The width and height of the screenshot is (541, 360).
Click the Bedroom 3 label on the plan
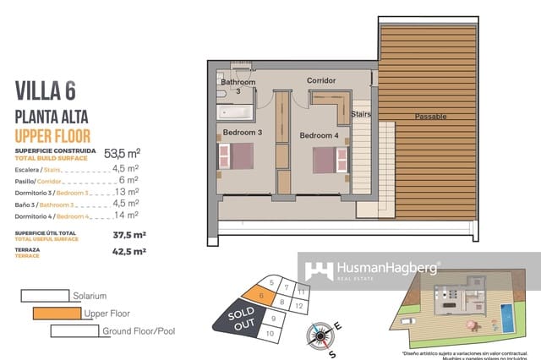tap(243, 133)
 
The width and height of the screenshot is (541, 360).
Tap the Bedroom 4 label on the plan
tap(319, 135)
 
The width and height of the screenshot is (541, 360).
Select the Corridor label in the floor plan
tap(321, 81)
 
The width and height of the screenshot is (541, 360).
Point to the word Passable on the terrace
tap(430, 117)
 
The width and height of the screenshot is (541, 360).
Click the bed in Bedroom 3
tap(236, 157)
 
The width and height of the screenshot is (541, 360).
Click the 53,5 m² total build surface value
tap(122, 154)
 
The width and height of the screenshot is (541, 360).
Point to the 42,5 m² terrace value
tap(129, 251)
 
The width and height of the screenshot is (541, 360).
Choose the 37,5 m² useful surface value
tap(129, 234)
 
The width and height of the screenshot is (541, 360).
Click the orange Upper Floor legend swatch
tap(57, 314)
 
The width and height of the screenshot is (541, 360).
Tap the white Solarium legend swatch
tap(44, 296)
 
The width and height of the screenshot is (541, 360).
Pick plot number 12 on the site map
tap(301, 303)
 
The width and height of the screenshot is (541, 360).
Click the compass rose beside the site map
tap(321, 335)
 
